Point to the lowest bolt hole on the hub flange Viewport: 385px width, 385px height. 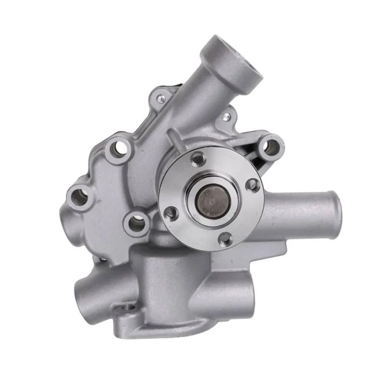pyautogui.click(x=225, y=238)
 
